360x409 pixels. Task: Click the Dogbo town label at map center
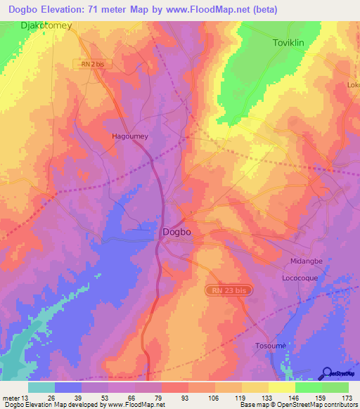pyautogui.click(x=176, y=231)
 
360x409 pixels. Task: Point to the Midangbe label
pyautogui.click(x=307, y=261)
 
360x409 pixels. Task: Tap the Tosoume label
pyautogui.click(x=271, y=346)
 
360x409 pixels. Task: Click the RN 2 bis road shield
pyautogui.click(x=91, y=64)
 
